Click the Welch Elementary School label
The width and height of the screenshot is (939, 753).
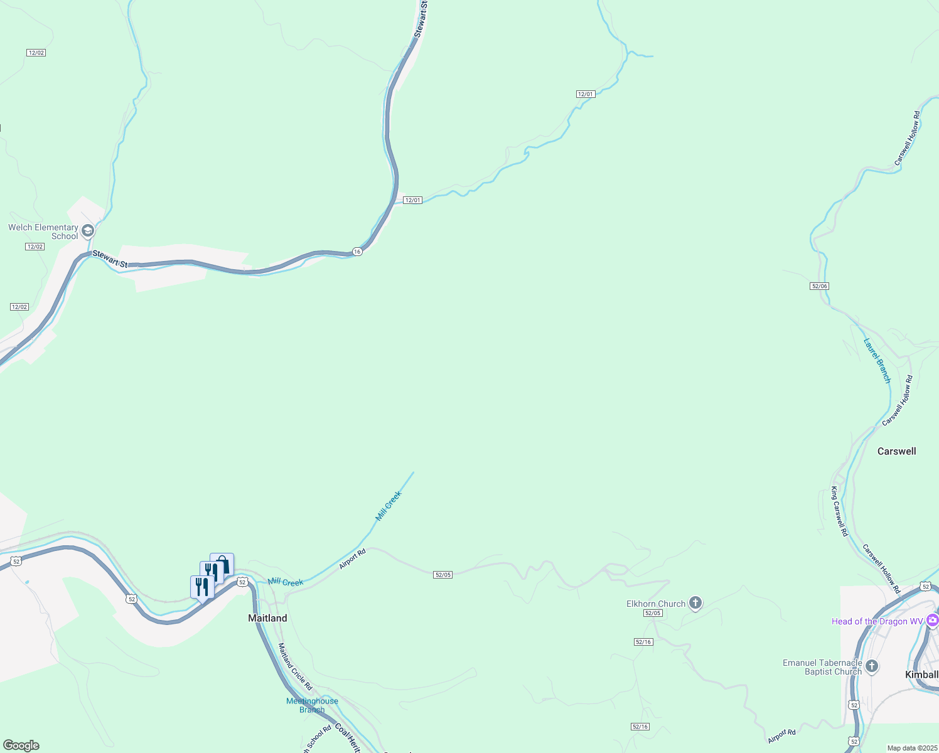click(x=43, y=232)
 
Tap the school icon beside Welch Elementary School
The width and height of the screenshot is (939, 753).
click(x=88, y=230)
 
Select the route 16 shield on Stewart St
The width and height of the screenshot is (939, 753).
click(x=357, y=251)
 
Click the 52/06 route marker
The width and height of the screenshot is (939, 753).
click(x=820, y=286)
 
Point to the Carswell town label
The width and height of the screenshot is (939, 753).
click(x=896, y=451)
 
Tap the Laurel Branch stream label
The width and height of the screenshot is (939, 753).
click(x=877, y=361)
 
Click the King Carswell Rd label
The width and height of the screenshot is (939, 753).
click(x=839, y=511)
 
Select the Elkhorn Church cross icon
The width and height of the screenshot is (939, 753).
click(x=695, y=603)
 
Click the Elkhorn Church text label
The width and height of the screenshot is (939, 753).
click(x=656, y=604)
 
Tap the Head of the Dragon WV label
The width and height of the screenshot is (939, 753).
click(x=877, y=621)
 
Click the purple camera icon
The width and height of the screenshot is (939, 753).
click(x=932, y=620)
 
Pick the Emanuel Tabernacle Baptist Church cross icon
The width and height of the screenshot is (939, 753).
click(x=871, y=666)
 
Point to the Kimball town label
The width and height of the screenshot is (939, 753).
click(x=921, y=675)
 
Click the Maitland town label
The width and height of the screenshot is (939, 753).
click(x=267, y=618)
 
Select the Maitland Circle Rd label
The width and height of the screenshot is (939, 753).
click(x=295, y=666)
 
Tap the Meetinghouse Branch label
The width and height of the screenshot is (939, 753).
click(x=312, y=705)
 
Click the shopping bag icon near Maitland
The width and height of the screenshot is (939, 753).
click(x=222, y=563)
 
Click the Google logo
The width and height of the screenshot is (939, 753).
click(x=21, y=745)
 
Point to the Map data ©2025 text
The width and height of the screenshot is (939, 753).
click(x=912, y=748)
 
